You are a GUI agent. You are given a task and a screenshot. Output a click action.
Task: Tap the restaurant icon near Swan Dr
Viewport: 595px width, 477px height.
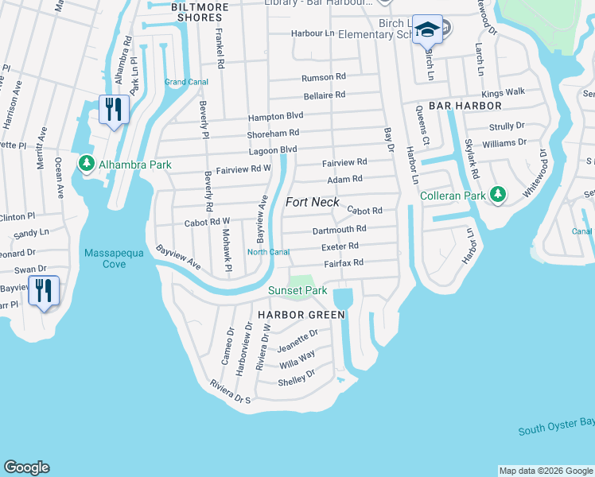[43, 290]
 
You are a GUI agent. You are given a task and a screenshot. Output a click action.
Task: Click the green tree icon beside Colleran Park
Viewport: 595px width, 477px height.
[498, 193]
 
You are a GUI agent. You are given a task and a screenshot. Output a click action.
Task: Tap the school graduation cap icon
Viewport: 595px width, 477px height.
[427, 31]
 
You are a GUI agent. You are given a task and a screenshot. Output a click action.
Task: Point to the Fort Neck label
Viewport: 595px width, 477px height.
[313, 202]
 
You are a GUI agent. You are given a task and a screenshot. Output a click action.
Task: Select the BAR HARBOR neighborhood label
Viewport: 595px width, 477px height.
[465, 105]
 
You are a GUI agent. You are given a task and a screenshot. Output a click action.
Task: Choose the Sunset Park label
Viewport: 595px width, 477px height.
[297, 291]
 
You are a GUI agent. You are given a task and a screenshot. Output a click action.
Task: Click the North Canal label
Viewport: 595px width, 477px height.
[267, 252]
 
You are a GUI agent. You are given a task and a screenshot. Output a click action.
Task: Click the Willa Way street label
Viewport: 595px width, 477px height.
[297, 360]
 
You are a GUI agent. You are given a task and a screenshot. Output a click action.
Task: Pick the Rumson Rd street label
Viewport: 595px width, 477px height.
[324, 77]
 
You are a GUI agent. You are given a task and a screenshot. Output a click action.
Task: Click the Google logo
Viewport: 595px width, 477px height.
[26, 467]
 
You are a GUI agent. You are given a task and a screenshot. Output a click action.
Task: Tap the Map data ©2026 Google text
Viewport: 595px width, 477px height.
[545, 471]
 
